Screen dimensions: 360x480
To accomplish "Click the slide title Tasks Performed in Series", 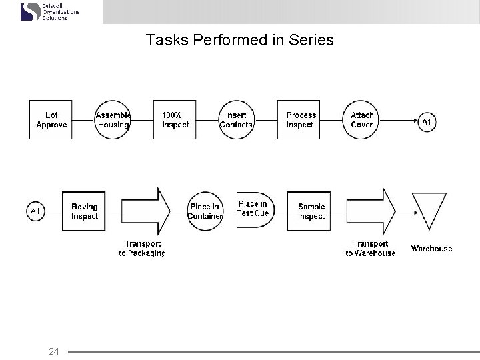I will coord(239,41).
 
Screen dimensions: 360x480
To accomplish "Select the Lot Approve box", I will coord(51,120).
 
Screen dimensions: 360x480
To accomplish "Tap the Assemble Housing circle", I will coord(113,120).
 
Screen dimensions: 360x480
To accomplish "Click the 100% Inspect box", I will coord(175,120).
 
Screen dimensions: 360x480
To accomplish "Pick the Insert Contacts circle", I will coord(236,120).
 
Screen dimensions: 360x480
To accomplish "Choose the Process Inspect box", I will coord(301,120).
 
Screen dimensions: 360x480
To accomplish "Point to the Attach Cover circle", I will coord(361,120).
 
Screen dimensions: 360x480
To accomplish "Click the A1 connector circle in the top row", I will coord(427,122).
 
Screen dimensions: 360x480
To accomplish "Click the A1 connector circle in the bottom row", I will coord(36,211).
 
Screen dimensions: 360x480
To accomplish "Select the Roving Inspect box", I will coord(84,211).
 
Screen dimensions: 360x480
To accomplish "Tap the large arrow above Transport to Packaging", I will coord(143,211).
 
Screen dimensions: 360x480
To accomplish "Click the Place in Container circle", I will coord(205,211).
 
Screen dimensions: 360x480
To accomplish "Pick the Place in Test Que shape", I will coord(253,209).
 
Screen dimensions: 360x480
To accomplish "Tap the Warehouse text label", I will coord(431,249).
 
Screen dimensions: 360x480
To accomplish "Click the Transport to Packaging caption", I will coord(142,249).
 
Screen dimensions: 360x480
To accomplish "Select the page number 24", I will coord(54,351).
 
